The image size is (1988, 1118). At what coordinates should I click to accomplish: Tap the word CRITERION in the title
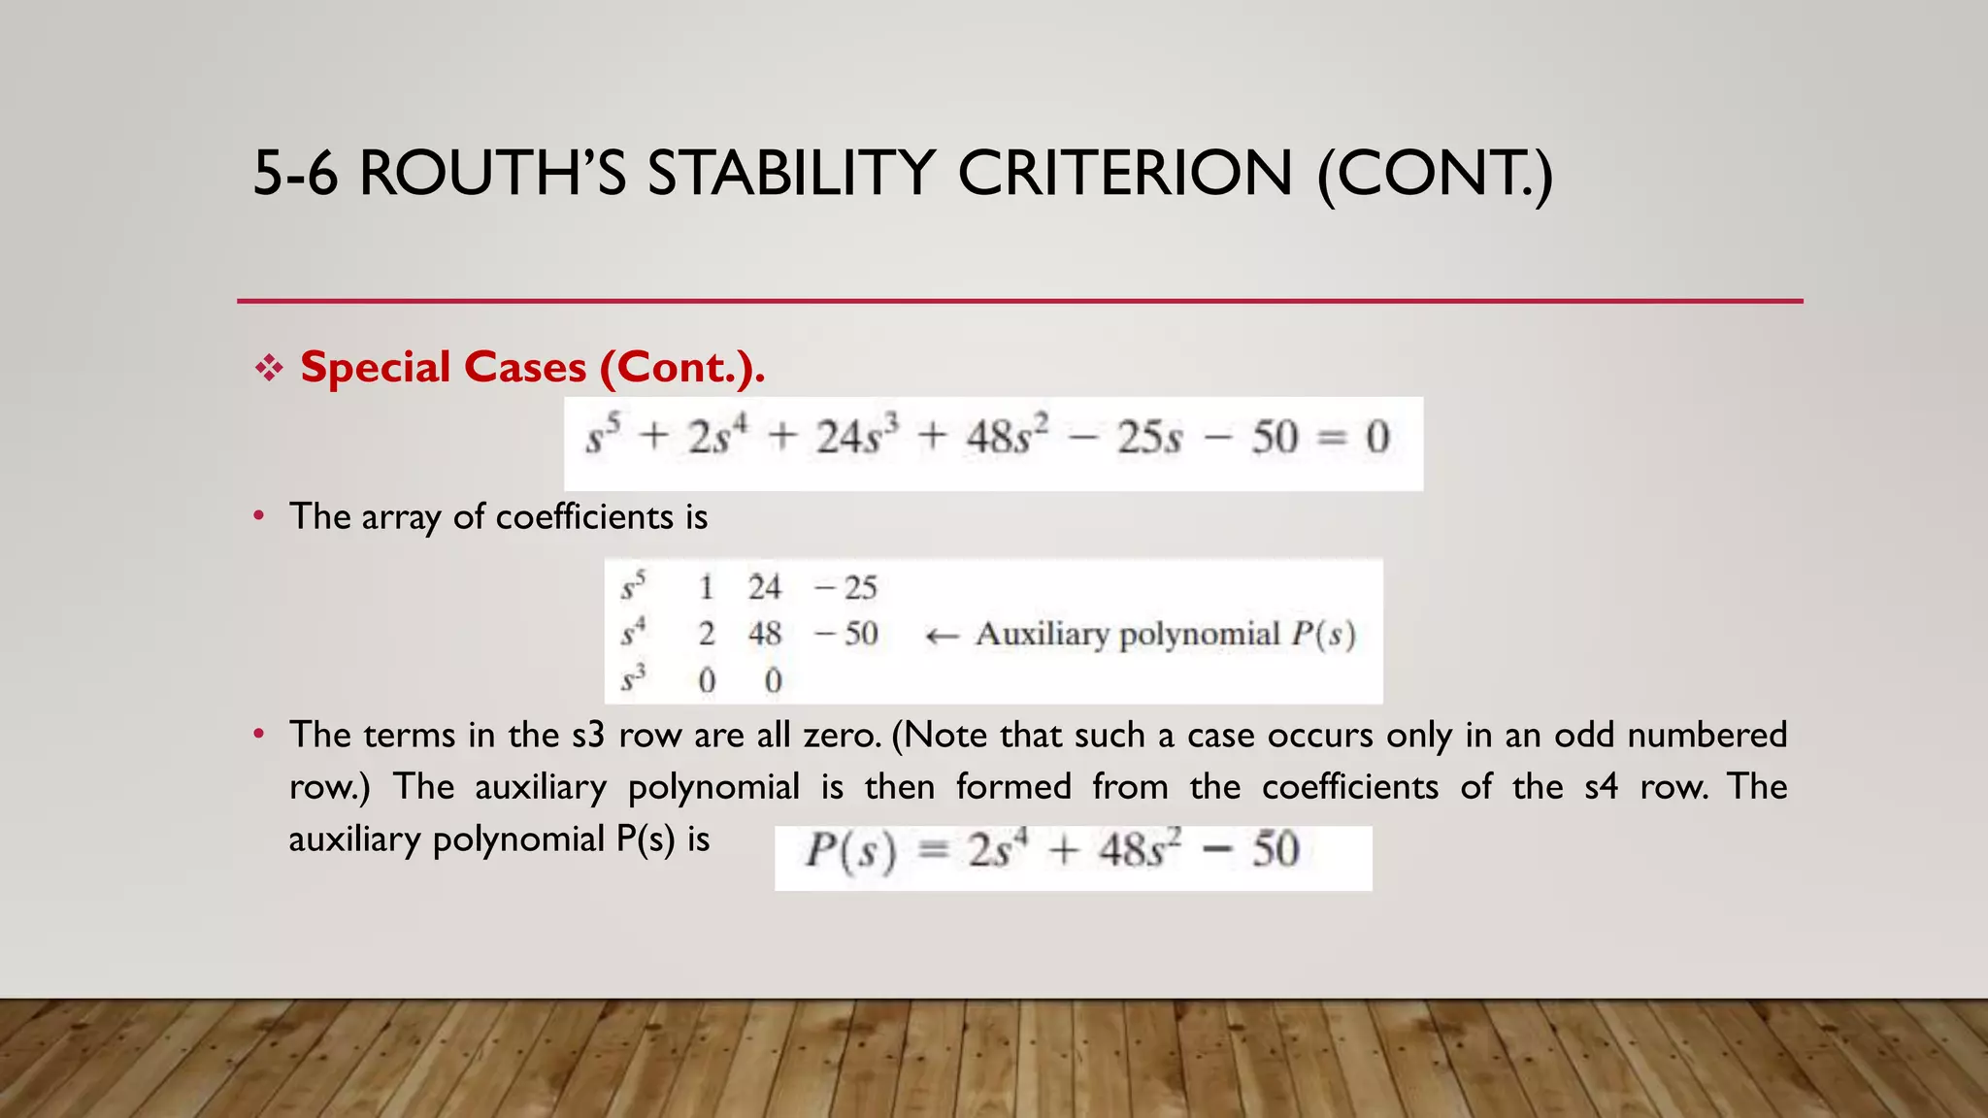pyautogui.click(x=1125, y=174)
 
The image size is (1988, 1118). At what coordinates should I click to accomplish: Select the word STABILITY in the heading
pyautogui.click(x=791, y=174)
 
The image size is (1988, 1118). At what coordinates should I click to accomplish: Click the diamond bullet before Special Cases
pyautogui.click(x=269, y=368)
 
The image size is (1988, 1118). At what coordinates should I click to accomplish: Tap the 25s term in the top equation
pyautogui.click(x=1149, y=438)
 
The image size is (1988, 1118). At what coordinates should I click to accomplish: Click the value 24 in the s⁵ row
pyautogui.click(x=764, y=587)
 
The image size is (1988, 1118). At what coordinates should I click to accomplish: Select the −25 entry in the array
pyautogui.click(x=845, y=587)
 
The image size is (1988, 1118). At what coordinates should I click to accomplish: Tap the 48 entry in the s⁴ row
pyautogui.click(x=764, y=634)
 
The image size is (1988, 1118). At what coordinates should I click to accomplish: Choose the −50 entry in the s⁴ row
pyautogui.click(x=846, y=634)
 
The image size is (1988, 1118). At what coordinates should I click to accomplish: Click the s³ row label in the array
pyautogui.click(x=633, y=679)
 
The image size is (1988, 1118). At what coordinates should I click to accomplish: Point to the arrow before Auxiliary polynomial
pyautogui.click(x=942, y=636)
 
